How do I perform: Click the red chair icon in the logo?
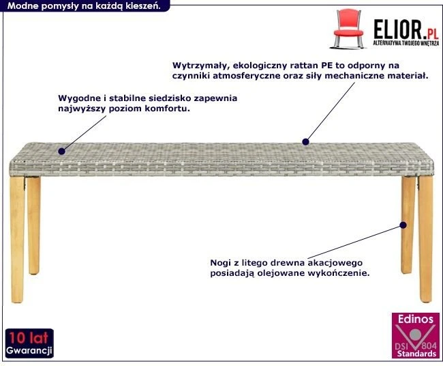(x=348, y=26)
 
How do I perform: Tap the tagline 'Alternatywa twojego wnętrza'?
(x=403, y=43)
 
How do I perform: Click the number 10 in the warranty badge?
(x=16, y=337)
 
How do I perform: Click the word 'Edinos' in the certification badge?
(x=416, y=319)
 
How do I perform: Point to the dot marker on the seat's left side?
(x=61, y=150)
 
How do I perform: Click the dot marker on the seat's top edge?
(x=305, y=142)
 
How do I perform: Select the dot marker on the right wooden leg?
(x=403, y=225)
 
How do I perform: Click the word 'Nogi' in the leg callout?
(x=222, y=262)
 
